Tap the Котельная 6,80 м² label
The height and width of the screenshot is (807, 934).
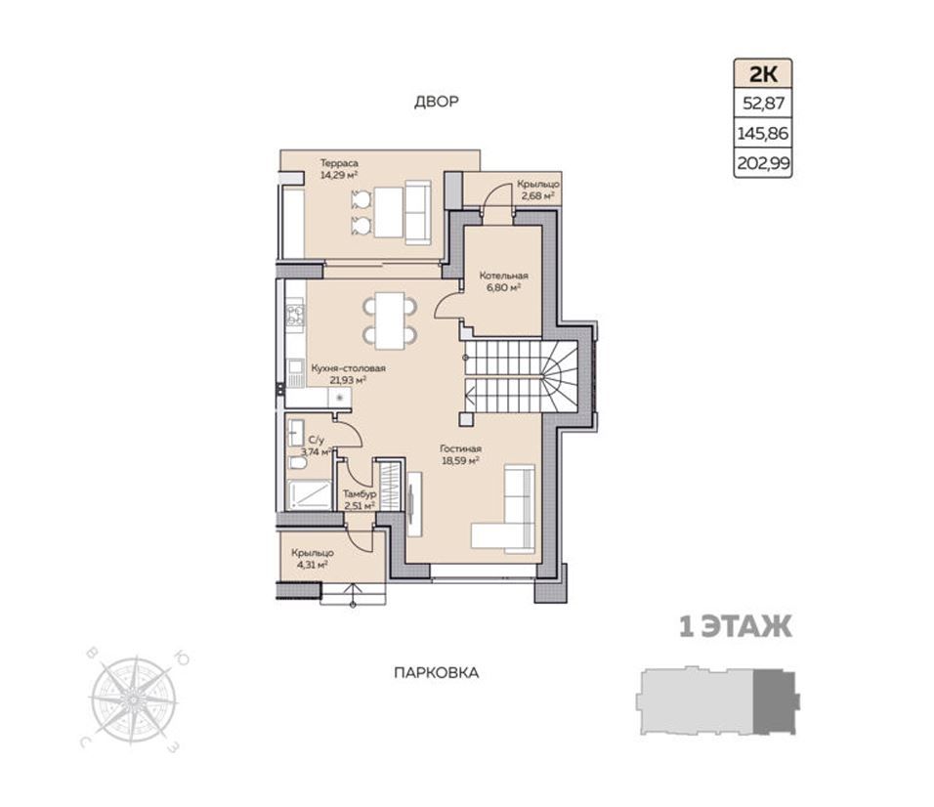pyautogui.click(x=504, y=281)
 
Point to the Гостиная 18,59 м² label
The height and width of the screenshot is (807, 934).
pyautogui.click(x=460, y=454)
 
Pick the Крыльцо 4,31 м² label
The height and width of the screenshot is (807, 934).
pyautogui.click(x=312, y=559)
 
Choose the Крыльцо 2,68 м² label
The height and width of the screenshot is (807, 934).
pyautogui.click(x=537, y=190)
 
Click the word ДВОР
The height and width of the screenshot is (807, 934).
pyautogui.click(x=437, y=102)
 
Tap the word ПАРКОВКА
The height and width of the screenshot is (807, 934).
pyautogui.click(x=437, y=673)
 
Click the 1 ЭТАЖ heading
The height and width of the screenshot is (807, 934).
pyautogui.click(x=736, y=627)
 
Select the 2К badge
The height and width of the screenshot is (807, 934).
pyautogui.click(x=763, y=74)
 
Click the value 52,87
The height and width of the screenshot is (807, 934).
pyautogui.click(x=764, y=105)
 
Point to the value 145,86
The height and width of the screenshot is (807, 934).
pyautogui.click(x=763, y=133)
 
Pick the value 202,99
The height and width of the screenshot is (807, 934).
pyautogui.click(x=763, y=162)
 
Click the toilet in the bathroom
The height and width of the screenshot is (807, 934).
pyautogui.click(x=297, y=463)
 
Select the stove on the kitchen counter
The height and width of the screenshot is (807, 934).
pyautogui.click(x=295, y=315)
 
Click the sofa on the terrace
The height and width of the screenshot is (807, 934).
pyautogui.click(x=417, y=213)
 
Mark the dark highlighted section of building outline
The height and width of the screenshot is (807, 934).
pyautogui.click(x=775, y=701)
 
